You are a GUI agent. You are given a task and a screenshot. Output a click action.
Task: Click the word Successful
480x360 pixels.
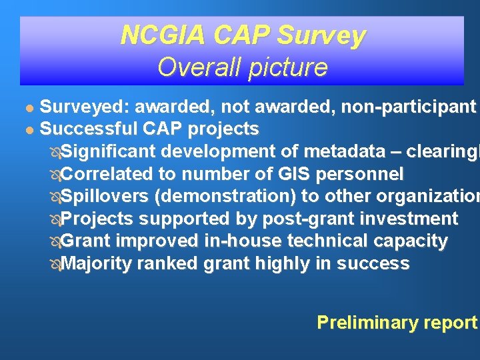coord(91,127)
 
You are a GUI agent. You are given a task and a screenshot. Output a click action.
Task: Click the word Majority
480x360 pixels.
coord(97,263)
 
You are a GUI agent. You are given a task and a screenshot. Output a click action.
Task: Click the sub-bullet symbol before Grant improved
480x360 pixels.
coord(55,241)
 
